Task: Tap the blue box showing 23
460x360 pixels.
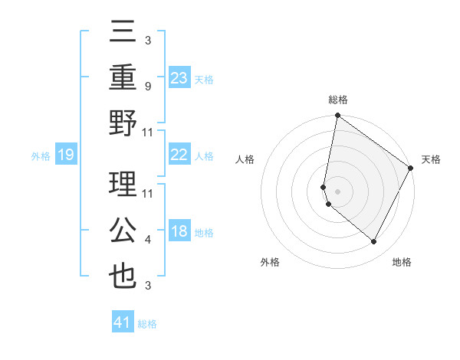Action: click(x=179, y=77)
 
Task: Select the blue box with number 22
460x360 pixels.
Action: click(x=179, y=155)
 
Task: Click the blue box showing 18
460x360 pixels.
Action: click(x=179, y=231)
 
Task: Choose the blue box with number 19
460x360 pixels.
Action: click(x=66, y=155)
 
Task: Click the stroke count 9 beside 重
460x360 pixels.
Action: click(x=148, y=86)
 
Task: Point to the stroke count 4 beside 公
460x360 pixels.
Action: click(x=148, y=240)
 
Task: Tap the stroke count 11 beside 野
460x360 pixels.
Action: click(x=148, y=132)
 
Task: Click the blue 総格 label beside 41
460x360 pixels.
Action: click(x=147, y=324)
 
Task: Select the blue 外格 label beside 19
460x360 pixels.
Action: click(x=41, y=156)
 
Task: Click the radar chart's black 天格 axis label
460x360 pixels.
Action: click(x=431, y=159)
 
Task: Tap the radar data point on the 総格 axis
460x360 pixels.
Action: click(x=337, y=116)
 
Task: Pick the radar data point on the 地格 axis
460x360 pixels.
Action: click(x=374, y=242)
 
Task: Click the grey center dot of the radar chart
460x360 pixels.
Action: click(x=337, y=191)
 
